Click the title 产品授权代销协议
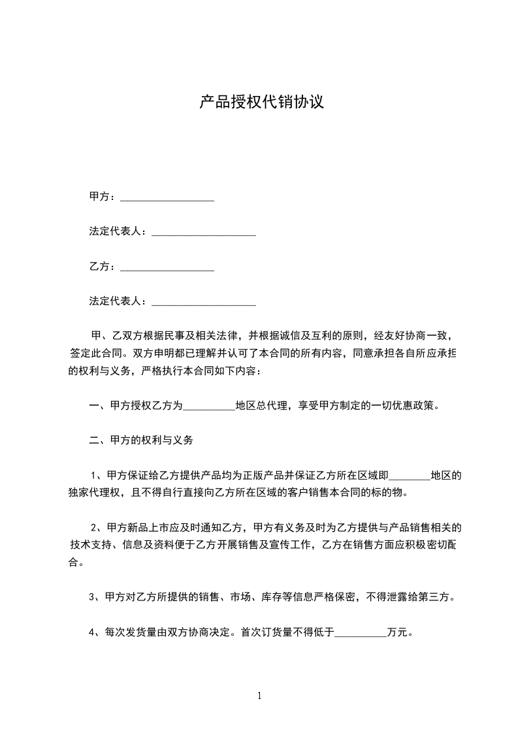(261, 103)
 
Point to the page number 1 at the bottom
(259, 696)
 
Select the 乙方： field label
(103, 267)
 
